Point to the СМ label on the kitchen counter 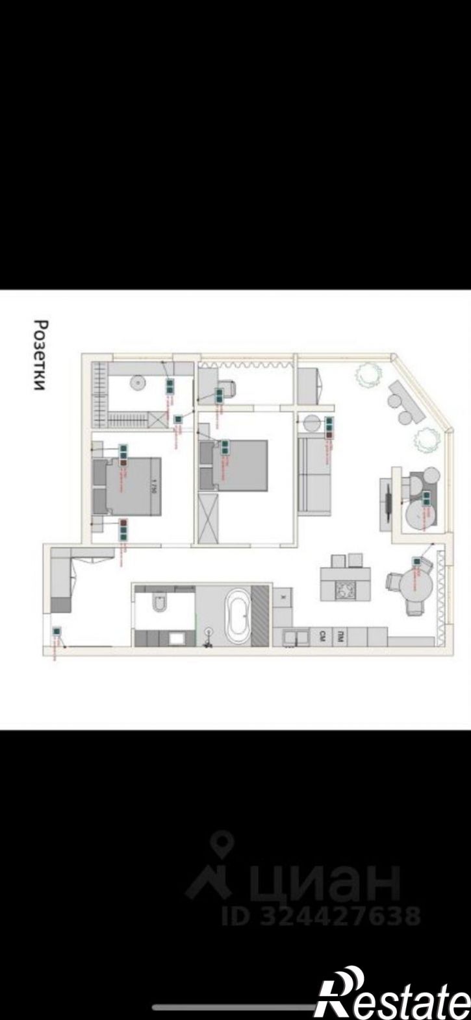(320, 637)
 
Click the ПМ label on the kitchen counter (339, 637)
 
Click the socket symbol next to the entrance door (57, 631)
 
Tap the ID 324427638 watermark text (321, 916)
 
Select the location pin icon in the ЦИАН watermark (223, 844)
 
